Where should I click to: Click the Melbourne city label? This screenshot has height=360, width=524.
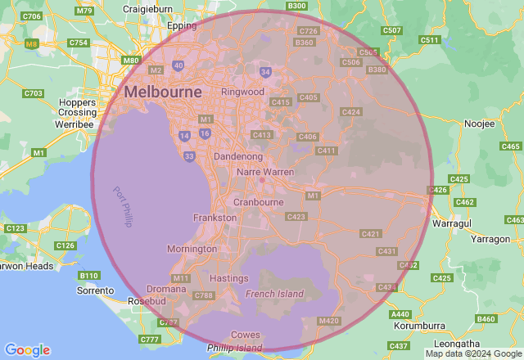click(163, 92)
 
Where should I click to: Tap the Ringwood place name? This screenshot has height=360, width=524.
click(243, 92)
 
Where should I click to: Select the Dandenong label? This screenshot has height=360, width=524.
click(237, 155)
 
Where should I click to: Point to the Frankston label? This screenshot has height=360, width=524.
click(215, 218)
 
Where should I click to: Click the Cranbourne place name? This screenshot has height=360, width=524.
click(258, 201)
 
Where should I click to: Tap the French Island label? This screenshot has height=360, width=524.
click(274, 294)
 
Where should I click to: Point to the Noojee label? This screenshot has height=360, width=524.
click(480, 124)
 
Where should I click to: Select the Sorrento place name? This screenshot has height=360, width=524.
click(95, 290)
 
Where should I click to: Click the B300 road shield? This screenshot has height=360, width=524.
click(297, 6)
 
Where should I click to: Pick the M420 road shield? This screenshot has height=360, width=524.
click(328, 321)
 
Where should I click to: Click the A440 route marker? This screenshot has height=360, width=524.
click(400, 314)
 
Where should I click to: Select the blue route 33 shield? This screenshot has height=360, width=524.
click(189, 155)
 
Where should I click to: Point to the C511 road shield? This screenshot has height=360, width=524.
click(429, 40)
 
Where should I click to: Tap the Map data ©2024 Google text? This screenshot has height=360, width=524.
click(473, 354)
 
